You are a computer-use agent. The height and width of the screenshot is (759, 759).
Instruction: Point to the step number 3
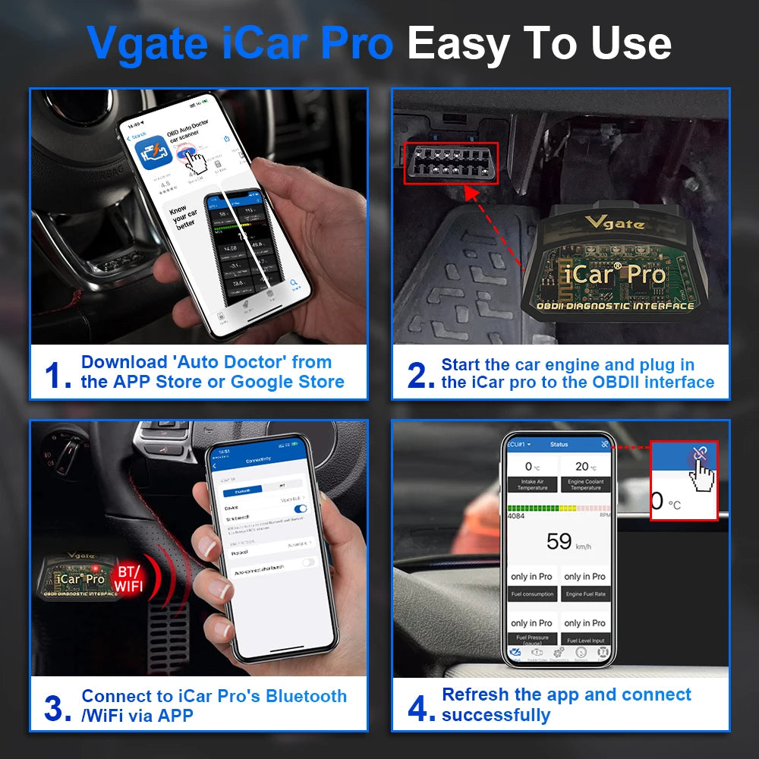tap(58, 708)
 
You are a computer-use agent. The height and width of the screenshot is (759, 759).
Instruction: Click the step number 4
tap(421, 708)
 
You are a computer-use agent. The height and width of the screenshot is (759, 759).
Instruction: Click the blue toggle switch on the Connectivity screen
tap(300, 509)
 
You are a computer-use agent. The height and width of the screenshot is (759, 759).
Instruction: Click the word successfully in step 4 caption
tap(496, 715)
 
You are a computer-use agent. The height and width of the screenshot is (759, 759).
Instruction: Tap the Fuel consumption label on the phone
tap(532, 594)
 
